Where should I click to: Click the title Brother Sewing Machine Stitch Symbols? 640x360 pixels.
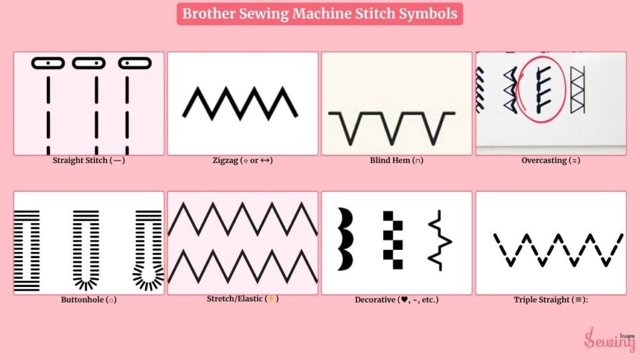[319, 14]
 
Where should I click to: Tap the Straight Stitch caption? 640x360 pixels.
[89, 161]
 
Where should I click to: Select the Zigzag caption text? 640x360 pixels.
[242, 161]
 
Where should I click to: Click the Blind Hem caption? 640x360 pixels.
[396, 161]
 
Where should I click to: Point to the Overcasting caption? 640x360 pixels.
[551, 161]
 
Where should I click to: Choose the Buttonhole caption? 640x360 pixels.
[89, 299]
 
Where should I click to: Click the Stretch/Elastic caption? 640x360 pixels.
[242, 299]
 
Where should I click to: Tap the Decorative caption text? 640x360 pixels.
[396, 299]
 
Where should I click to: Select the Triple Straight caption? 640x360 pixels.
[551, 299]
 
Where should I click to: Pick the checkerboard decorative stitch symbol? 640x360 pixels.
[392, 240]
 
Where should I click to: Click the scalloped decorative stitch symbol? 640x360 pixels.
[345, 239]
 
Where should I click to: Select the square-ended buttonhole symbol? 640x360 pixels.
[27, 251]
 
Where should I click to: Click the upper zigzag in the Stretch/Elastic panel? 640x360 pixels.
[242, 219]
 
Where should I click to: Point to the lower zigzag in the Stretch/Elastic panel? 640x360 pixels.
[242, 267]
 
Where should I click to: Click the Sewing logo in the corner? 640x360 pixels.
[609, 339]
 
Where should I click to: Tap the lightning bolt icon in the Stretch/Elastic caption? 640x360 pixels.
[271, 299]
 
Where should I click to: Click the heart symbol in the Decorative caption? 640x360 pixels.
[404, 299]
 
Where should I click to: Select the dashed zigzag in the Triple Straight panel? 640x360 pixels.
[558, 250]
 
